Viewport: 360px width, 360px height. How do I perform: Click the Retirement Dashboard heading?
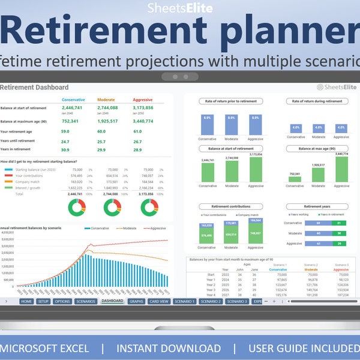click(x=34, y=88)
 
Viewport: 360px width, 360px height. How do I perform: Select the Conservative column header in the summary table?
click(x=73, y=100)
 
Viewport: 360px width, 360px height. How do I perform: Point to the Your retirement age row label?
click(x=21, y=131)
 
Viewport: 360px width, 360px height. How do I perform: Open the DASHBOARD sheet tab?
click(x=112, y=301)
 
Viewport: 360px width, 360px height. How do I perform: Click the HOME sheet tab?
click(x=26, y=301)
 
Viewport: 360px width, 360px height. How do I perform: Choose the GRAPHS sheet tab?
click(x=136, y=301)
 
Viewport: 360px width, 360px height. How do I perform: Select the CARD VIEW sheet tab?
click(x=159, y=301)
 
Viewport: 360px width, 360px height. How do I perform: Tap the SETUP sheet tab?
click(x=43, y=301)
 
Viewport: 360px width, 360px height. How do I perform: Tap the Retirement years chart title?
click(x=318, y=206)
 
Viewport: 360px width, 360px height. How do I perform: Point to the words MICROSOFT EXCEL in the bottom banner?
click(x=45, y=349)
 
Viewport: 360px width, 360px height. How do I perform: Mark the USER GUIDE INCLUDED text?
click(x=303, y=349)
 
